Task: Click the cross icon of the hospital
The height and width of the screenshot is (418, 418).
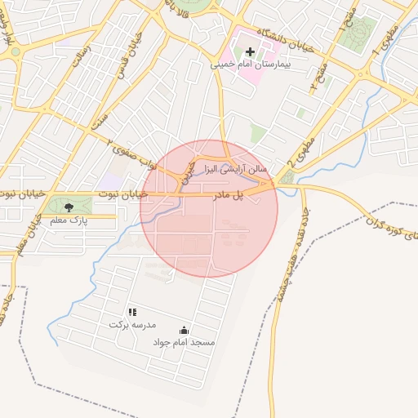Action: tap(250, 52)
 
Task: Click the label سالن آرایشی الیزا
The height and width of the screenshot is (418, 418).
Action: tap(232, 167)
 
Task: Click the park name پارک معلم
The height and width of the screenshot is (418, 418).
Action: tap(69, 220)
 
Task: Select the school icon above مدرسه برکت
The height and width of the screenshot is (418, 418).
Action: tap(132, 312)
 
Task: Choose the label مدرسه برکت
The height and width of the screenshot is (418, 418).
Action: tap(131, 324)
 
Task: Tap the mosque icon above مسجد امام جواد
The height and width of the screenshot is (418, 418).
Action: tap(184, 331)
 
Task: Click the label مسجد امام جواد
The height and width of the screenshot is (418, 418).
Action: tap(185, 343)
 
